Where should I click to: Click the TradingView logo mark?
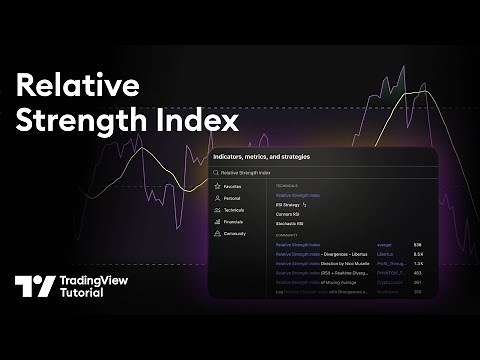35,287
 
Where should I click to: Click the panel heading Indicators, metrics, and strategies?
262,157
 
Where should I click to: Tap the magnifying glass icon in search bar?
216,173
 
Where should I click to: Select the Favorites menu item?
232,186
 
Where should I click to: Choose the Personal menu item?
232,198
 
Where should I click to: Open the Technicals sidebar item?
233,210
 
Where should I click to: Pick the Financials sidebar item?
233,222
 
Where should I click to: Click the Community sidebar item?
234,233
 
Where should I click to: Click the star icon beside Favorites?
216,186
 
